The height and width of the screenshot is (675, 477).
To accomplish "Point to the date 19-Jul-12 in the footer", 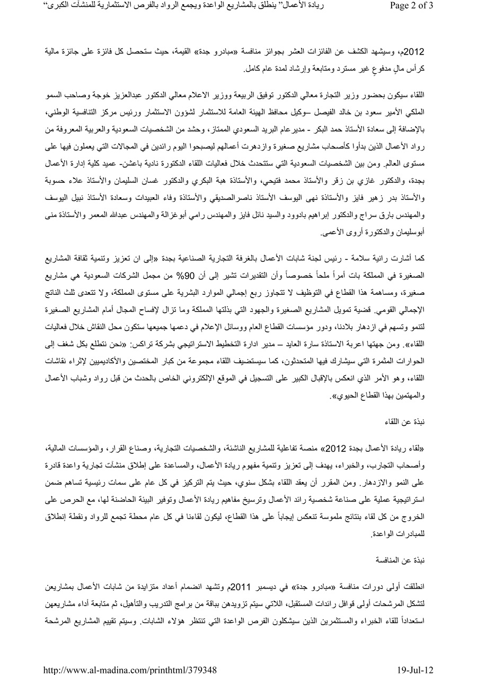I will pos(415,670).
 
